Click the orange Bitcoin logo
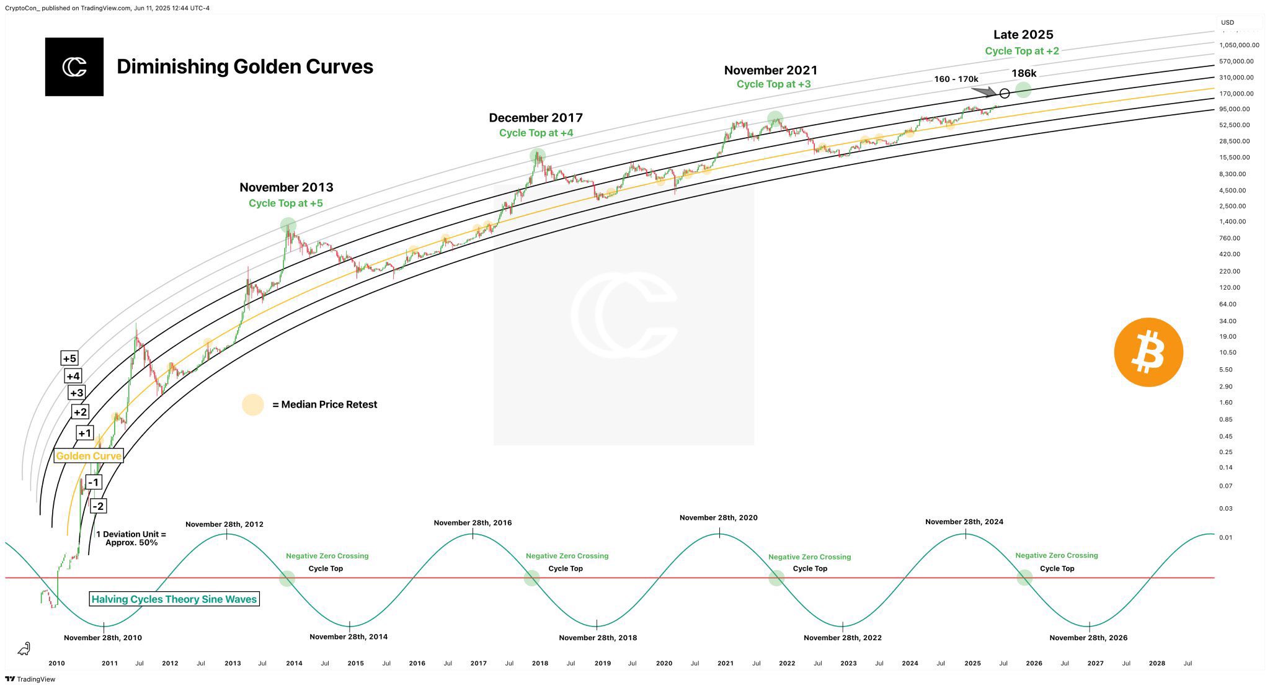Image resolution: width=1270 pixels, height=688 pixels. [x=1148, y=352]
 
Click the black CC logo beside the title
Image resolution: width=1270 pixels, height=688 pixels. [x=74, y=67]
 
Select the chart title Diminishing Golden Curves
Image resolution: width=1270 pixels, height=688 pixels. [x=245, y=66]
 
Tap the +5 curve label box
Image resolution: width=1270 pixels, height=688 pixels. [x=69, y=359]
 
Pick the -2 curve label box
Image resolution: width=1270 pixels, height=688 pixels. [x=98, y=506]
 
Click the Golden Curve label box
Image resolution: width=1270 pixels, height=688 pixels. [x=89, y=456]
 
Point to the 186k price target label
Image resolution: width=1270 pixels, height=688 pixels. [x=1024, y=74]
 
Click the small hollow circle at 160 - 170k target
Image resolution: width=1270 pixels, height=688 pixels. [x=1005, y=94]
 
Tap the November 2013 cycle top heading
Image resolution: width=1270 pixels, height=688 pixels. [x=286, y=187]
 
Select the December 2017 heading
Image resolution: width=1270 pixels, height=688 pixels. [x=536, y=118]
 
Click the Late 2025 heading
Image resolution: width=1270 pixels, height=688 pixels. [x=1023, y=35]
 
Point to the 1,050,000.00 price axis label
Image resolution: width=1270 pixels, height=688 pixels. [x=1239, y=45]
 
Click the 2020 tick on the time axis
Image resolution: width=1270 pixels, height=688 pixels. [x=664, y=663]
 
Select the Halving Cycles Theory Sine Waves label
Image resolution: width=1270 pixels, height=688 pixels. [x=174, y=599]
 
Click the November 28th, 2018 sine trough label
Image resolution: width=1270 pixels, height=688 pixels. [x=598, y=638]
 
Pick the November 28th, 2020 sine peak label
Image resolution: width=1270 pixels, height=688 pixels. [x=718, y=518]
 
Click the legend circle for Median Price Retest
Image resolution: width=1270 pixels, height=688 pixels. [x=253, y=404]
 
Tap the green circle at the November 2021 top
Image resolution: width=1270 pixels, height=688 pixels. [x=775, y=118]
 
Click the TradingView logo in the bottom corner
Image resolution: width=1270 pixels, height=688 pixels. [x=30, y=679]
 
